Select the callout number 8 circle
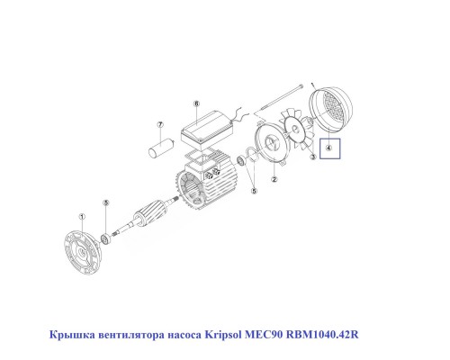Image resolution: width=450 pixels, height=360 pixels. [196, 104]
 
